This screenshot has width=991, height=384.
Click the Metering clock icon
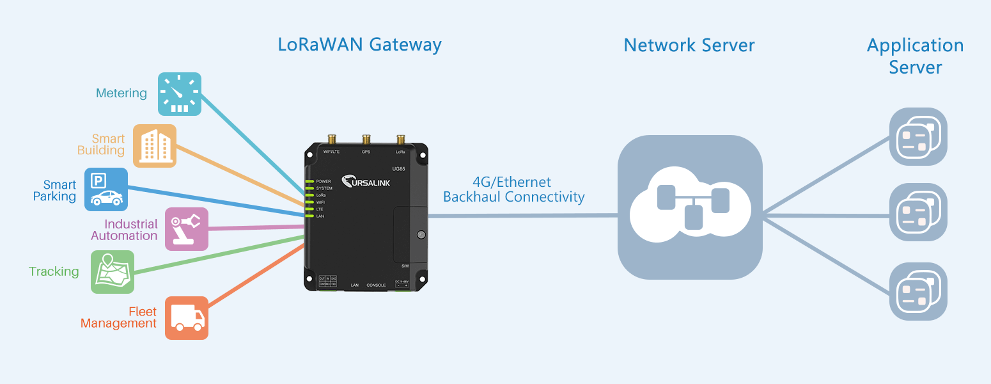click(180, 94)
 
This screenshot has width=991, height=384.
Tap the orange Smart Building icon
click(155, 146)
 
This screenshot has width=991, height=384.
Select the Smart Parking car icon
click(106, 189)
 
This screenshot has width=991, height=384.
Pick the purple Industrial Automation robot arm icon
click(187, 228)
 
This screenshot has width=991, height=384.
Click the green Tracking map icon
click(113, 272)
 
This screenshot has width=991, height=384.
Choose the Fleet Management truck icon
click(187, 317)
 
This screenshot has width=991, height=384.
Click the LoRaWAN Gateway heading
click(359, 45)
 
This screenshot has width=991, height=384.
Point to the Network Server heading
click(689, 45)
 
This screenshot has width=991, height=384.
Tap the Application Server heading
click(915, 56)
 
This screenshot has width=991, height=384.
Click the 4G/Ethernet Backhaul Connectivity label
click(513, 190)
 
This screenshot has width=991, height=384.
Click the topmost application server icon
click(918, 136)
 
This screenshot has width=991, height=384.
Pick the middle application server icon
click(918, 212)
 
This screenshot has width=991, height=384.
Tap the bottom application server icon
click(918, 291)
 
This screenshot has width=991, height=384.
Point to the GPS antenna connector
click(366, 140)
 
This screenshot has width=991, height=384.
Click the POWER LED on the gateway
click(309, 182)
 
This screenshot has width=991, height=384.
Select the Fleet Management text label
click(119, 317)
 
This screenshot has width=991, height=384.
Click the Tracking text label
click(54, 272)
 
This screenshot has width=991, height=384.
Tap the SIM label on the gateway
click(405, 266)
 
